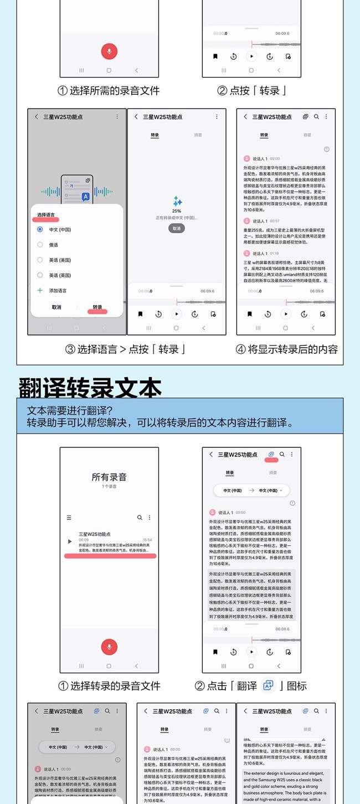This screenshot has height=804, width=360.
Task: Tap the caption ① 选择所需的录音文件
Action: pos(109,90)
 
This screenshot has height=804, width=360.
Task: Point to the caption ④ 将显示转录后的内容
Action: pos(286,349)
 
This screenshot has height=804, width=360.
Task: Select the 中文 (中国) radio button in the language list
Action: pos(40,229)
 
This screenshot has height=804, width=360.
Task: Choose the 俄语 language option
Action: pos(54,244)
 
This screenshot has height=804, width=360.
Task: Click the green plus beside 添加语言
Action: pos(40,290)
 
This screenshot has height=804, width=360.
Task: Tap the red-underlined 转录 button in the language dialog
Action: pos(97,307)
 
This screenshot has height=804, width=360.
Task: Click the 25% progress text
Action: pos(177,211)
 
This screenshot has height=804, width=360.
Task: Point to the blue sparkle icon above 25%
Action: pos(177,201)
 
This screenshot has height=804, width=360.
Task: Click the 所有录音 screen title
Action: pos(109,477)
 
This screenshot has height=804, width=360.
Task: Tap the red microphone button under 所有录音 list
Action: pos(109,647)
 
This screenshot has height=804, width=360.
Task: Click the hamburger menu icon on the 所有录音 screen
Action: pos(69,518)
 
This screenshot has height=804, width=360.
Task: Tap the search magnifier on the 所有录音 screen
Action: pos(140,518)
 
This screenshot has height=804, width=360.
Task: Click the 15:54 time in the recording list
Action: pos(147,540)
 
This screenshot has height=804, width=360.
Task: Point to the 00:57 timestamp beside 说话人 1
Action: pos(275,221)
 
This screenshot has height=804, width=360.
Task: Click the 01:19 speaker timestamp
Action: pos(275,253)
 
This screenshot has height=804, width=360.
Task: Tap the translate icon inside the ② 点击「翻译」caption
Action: pos(268,686)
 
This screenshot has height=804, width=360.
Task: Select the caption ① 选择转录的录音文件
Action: pos(109,686)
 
